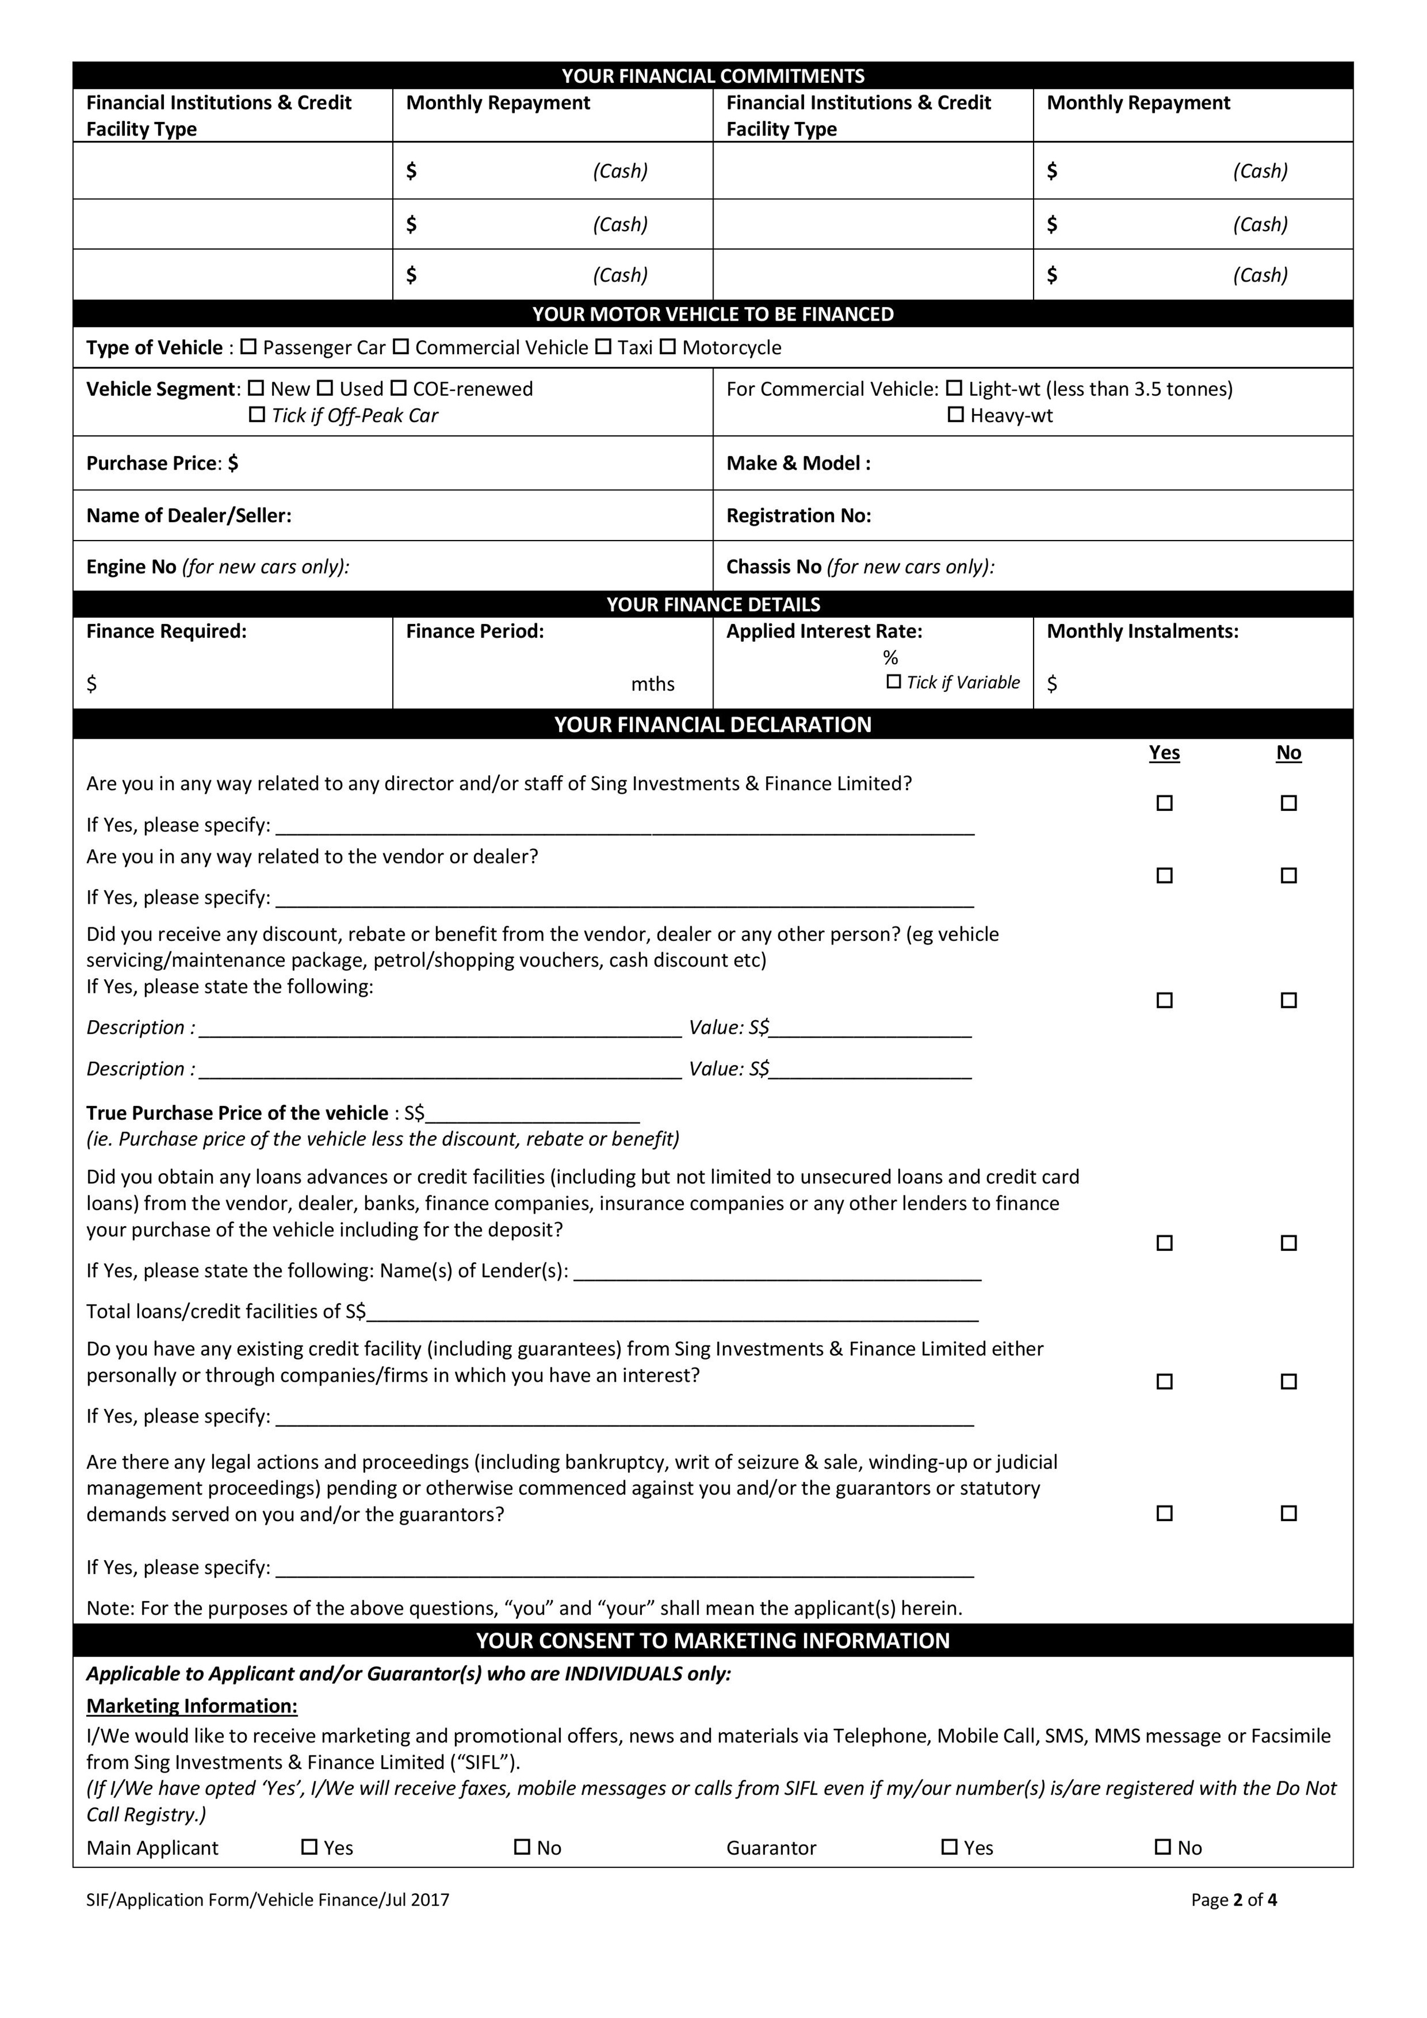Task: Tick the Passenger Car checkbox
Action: click(x=248, y=347)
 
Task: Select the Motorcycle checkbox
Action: click(x=668, y=347)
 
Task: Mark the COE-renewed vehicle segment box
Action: click(x=398, y=388)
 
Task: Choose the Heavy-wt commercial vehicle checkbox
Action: click(x=956, y=415)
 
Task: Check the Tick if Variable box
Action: click(x=894, y=682)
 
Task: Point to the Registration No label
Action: click(x=798, y=516)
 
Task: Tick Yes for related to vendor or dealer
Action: click(x=1165, y=875)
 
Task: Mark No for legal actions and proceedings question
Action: click(x=1288, y=1513)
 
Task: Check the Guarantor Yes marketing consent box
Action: click(x=949, y=1847)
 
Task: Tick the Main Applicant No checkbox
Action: click(x=522, y=1847)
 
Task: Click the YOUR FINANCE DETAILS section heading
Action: click(x=712, y=605)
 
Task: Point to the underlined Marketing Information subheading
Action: click(x=191, y=1706)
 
